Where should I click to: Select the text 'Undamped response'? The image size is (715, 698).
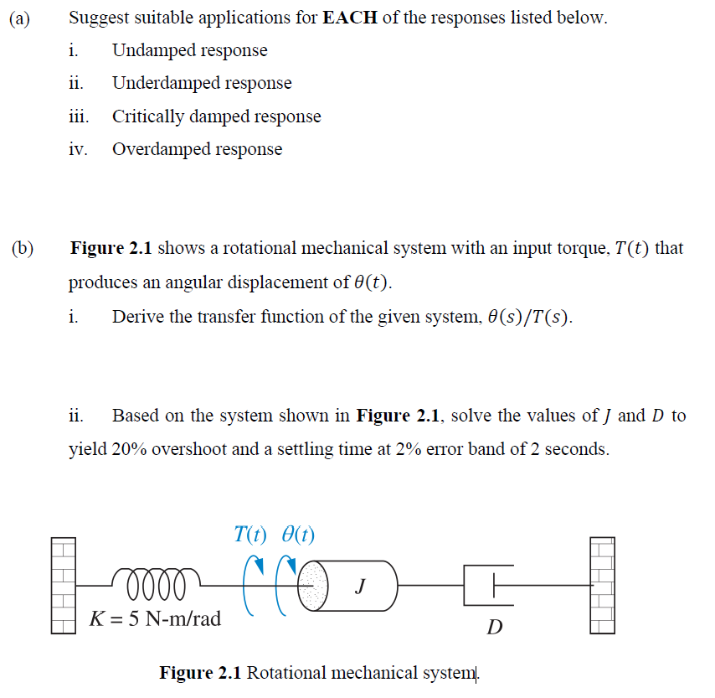[190, 50]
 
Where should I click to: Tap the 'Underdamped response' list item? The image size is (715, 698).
[202, 83]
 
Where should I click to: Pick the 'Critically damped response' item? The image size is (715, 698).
[216, 116]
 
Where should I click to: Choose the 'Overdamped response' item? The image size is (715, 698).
[197, 149]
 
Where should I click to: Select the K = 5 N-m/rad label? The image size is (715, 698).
[156, 619]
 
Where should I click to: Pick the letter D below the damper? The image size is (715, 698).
[495, 627]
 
